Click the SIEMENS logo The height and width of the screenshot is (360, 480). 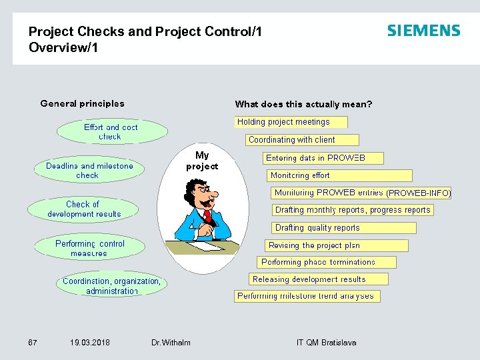(x=423, y=31)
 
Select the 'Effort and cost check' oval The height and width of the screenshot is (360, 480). (x=111, y=132)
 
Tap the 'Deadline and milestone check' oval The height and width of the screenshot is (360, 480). (x=89, y=171)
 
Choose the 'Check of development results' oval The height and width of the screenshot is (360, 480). (x=83, y=209)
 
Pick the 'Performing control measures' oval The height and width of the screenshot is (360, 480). (x=89, y=249)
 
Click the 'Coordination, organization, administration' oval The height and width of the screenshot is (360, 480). (x=111, y=286)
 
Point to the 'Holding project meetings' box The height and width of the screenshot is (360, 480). (x=291, y=122)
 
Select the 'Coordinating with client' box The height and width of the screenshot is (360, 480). (x=303, y=140)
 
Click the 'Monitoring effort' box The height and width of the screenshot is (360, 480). (x=339, y=175)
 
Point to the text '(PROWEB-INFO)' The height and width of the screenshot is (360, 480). (x=419, y=193)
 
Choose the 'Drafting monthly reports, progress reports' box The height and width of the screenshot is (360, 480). (x=353, y=210)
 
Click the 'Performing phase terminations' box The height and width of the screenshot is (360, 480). (x=326, y=262)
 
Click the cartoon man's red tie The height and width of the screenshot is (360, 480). (x=208, y=216)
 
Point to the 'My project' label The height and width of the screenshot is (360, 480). (x=202, y=161)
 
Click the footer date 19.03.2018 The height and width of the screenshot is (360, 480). (x=90, y=343)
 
